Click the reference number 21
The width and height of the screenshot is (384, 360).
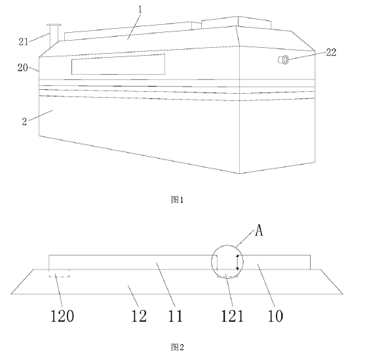[x=24, y=42]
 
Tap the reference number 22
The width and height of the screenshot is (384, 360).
[x=331, y=52]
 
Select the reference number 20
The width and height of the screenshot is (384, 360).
[x=22, y=68]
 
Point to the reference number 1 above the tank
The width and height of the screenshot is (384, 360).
[x=140, y=9]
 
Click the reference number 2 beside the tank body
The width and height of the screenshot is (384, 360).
[x=24, y=121]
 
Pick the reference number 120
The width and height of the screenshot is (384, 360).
[x=62, y=315]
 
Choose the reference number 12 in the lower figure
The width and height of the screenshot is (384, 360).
[x=139, y=315]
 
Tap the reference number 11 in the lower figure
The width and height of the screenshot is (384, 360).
[x=176, y=315]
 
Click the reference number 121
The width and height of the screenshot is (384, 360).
[x=232, y=315]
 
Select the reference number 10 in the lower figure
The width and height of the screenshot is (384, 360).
[x=275, y=315]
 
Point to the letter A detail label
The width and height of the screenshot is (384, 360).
[x=259, y=230]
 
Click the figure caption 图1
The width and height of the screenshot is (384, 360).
[x=177, y=200]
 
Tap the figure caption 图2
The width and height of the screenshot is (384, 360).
[x=177, y=347]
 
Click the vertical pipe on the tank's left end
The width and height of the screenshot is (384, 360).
[x=54, y=35]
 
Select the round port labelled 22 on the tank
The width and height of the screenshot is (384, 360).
[x=284, y=60]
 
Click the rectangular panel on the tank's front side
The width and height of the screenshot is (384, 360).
[x=118, y=64]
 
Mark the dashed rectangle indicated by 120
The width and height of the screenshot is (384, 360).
[x=59, y=273]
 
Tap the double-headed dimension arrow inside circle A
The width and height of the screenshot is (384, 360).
[x=237, y=262]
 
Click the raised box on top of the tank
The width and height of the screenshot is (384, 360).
[x=237, y=22]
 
